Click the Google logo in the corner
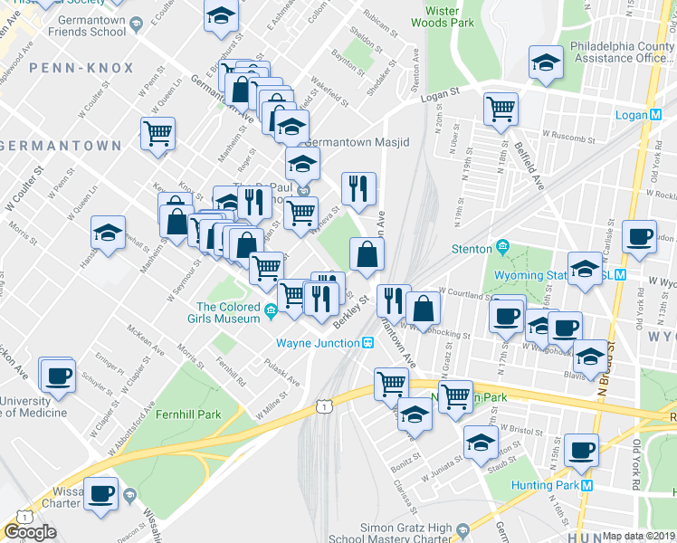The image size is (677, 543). [x=30, y=532]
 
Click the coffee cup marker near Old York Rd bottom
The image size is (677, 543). [x=580, y=449]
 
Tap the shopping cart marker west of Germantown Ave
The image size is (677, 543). [x=157, y=133]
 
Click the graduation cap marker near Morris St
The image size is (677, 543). [x=108, y=233]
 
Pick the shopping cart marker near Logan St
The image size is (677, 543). [x=501, y=108]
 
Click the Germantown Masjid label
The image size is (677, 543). [x=357, y=143]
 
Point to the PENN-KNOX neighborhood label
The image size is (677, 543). [x=81, y=68]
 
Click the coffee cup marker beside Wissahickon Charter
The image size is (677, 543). [x=101, y=492]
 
